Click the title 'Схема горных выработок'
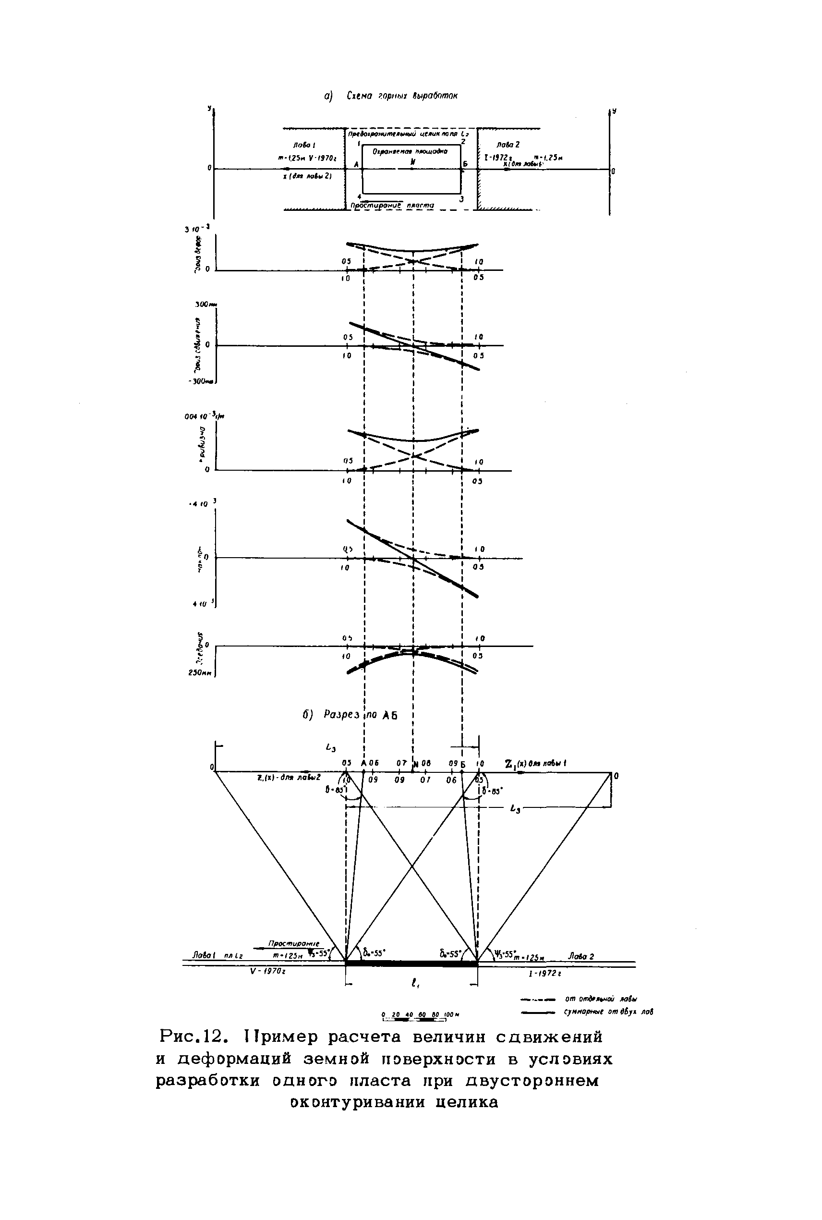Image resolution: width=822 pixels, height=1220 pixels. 402,96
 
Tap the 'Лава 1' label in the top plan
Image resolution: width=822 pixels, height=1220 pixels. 304,144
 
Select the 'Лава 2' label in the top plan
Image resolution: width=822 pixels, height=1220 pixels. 509,144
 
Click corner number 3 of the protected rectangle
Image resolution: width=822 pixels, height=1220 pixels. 461,199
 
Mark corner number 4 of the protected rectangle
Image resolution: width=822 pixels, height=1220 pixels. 359,196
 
